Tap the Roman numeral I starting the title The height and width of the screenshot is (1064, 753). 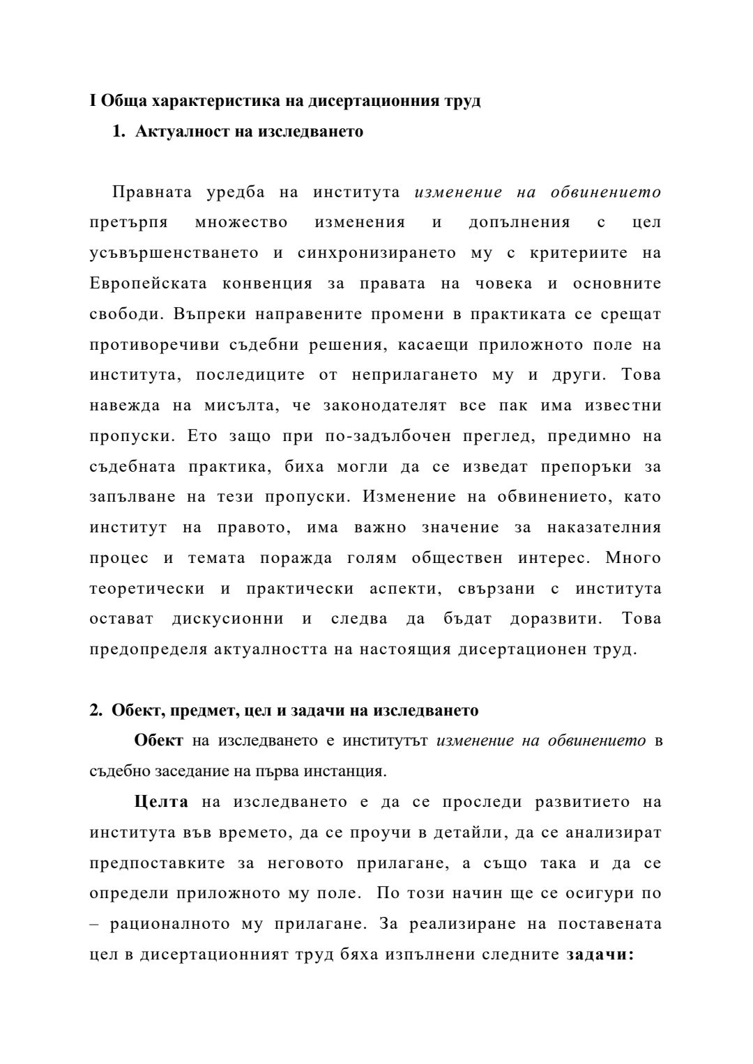93,101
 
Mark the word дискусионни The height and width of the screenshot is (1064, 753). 228,619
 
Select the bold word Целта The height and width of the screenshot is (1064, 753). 161,802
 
